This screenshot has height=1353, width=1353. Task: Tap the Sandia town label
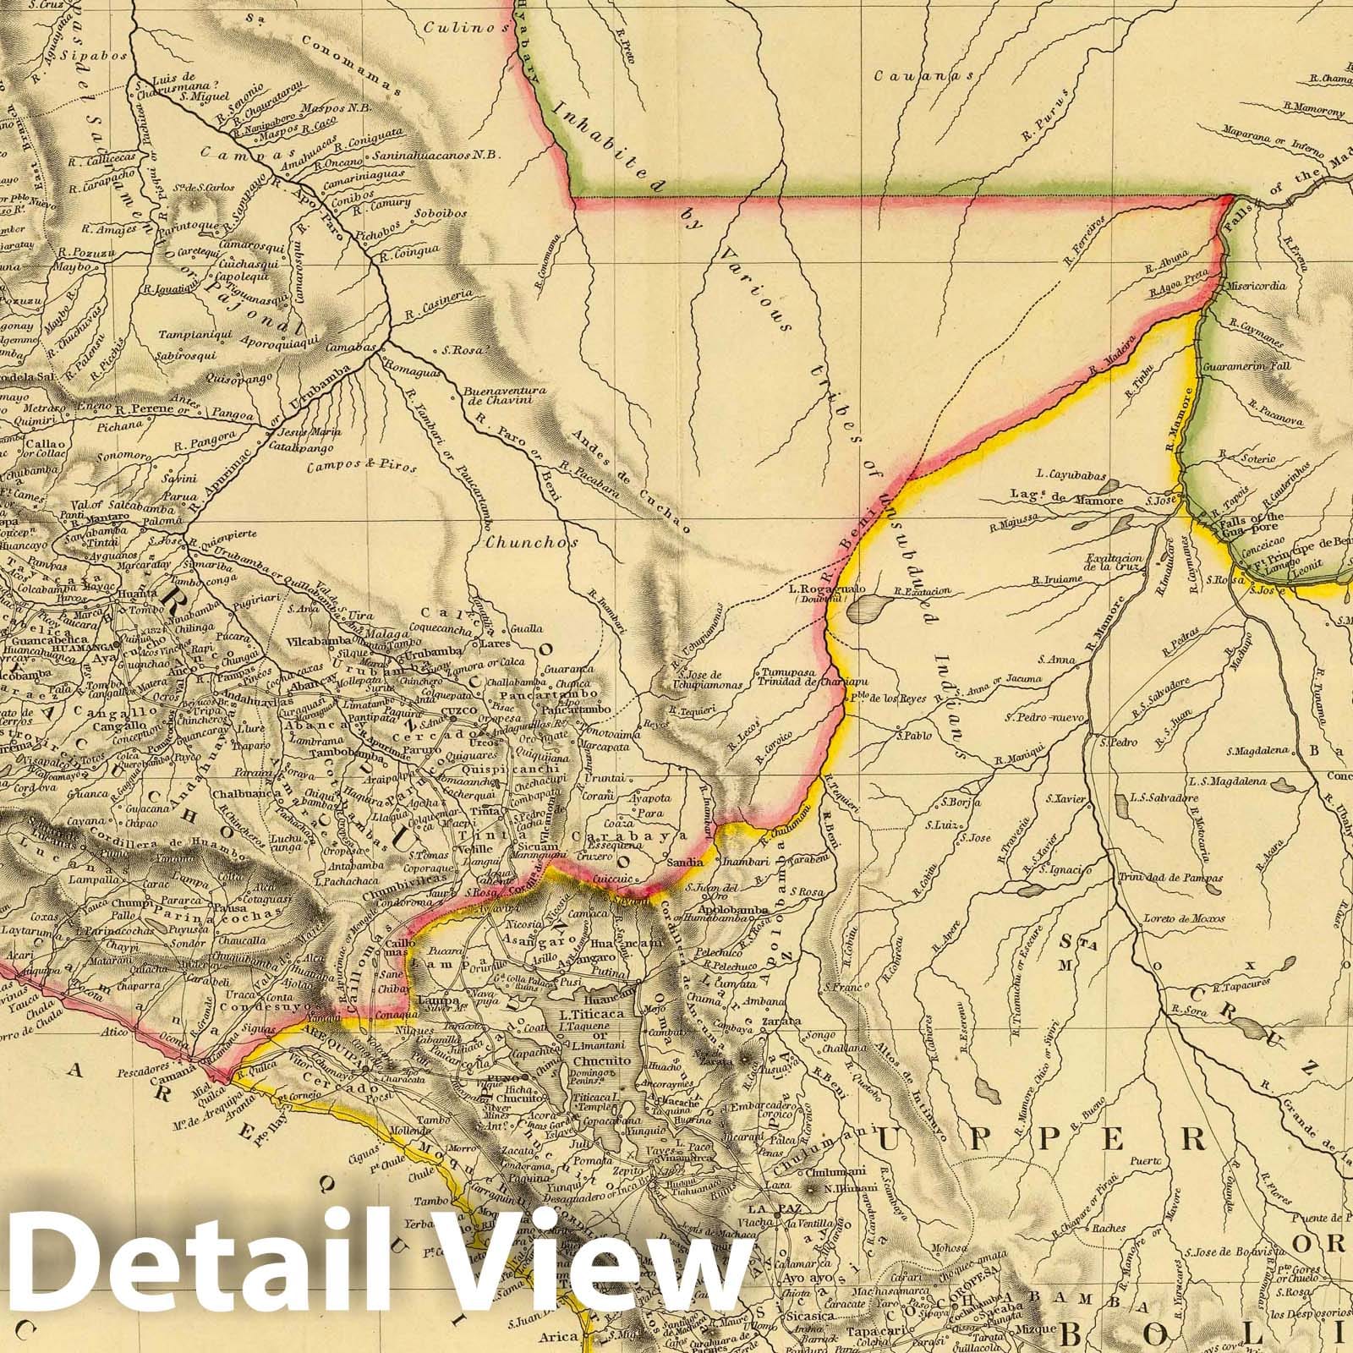click(685, 862)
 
